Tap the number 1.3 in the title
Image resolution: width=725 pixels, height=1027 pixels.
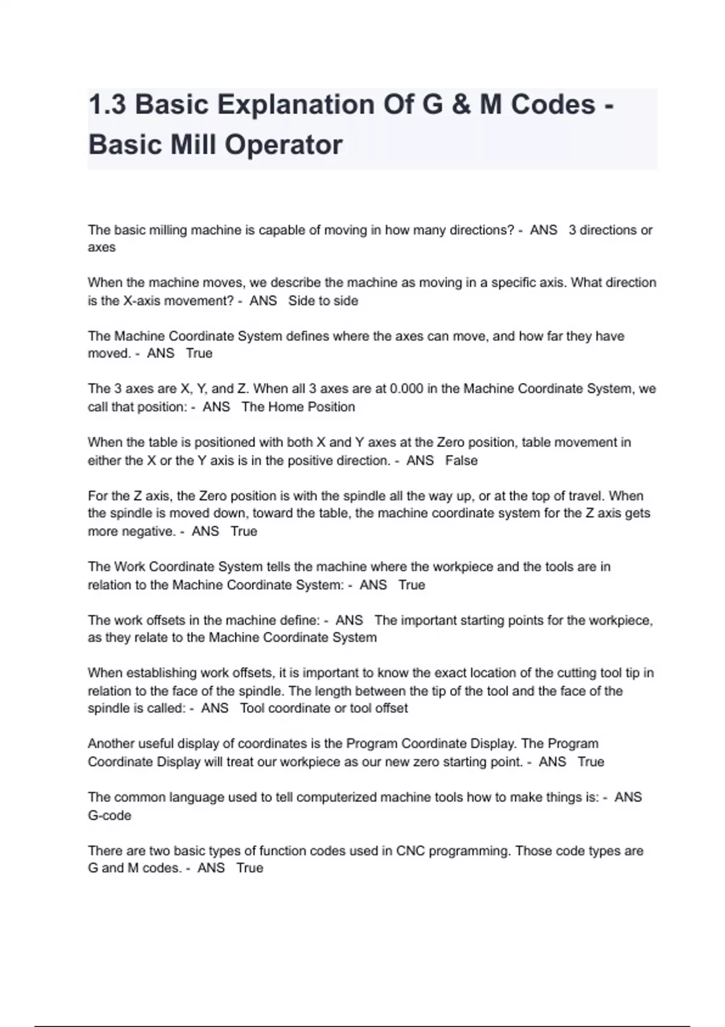[x=107, y=105]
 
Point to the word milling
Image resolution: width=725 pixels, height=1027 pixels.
[x=165, y=230]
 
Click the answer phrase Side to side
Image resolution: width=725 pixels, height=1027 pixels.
[x=323, y=301]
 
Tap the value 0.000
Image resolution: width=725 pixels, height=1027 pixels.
[x=407, y=389]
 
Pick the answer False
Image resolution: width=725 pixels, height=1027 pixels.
[x=462, y=461]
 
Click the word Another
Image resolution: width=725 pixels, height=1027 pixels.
[x=111, y=744]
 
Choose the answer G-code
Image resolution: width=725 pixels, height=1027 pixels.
[x=109, y=816]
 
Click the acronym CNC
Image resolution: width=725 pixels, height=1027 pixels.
[x=410, y=851]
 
